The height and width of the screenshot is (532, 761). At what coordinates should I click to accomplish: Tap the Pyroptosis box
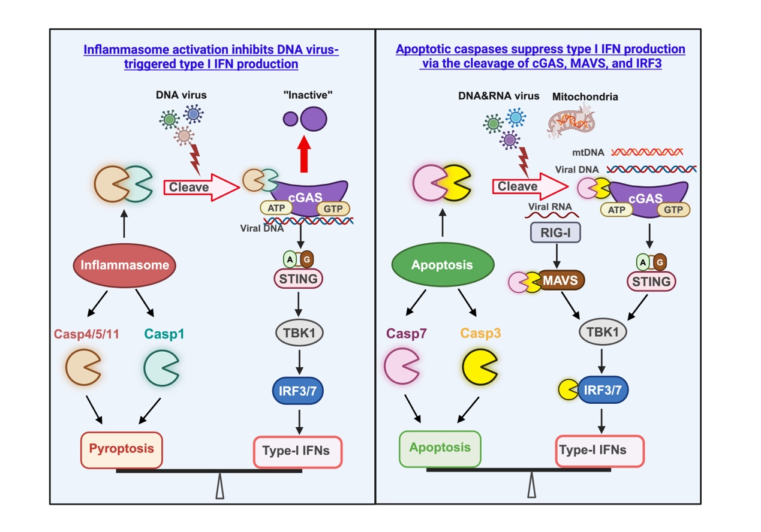pos(122,448)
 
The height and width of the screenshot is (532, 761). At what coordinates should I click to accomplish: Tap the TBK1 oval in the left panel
pos(298,332)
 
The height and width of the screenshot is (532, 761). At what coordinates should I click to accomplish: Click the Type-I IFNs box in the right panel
pos(600,451)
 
